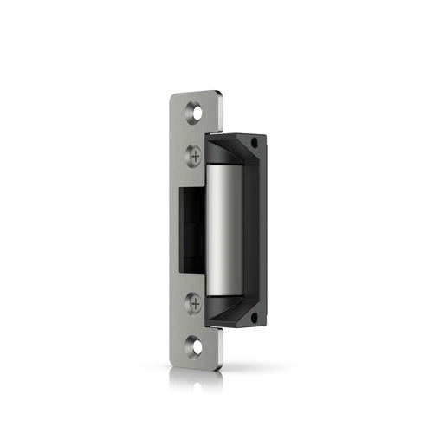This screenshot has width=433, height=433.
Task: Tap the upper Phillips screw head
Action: click(195, 155)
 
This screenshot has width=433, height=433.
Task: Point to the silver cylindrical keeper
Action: click(224, 229)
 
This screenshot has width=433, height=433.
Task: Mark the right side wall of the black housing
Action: click(257, 229)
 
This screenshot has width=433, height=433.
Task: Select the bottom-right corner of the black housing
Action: click(263, 326)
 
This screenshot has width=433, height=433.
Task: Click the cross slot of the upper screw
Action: click(195, 155)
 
